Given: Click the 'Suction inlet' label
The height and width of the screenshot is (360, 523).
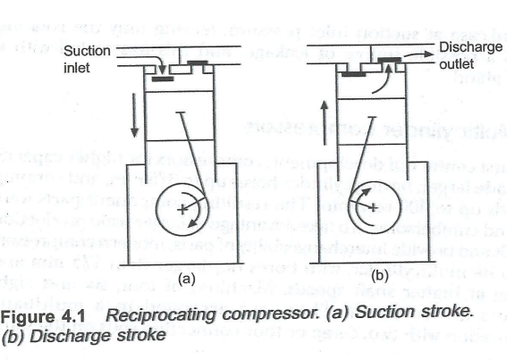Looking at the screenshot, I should click(x=88, y=58).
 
